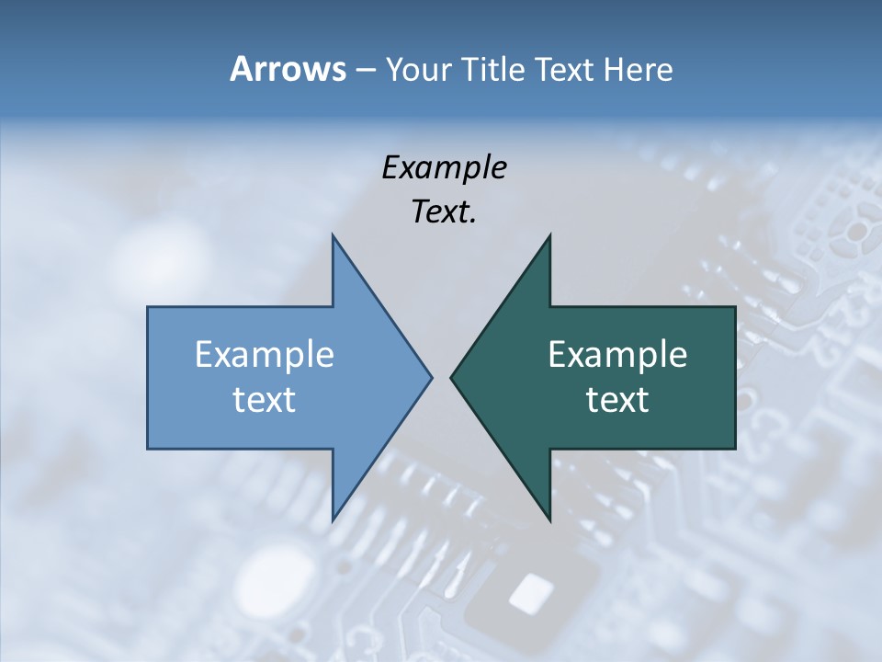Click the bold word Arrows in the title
coord(288,69)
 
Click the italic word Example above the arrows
coord(445,167)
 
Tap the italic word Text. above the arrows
coord(445,211)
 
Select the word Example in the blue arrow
coord(265,354)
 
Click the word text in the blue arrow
coord(265,399)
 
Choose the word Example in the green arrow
coord(617,354)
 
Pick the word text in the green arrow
coord(617,399)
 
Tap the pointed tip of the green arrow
coord(452,377)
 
